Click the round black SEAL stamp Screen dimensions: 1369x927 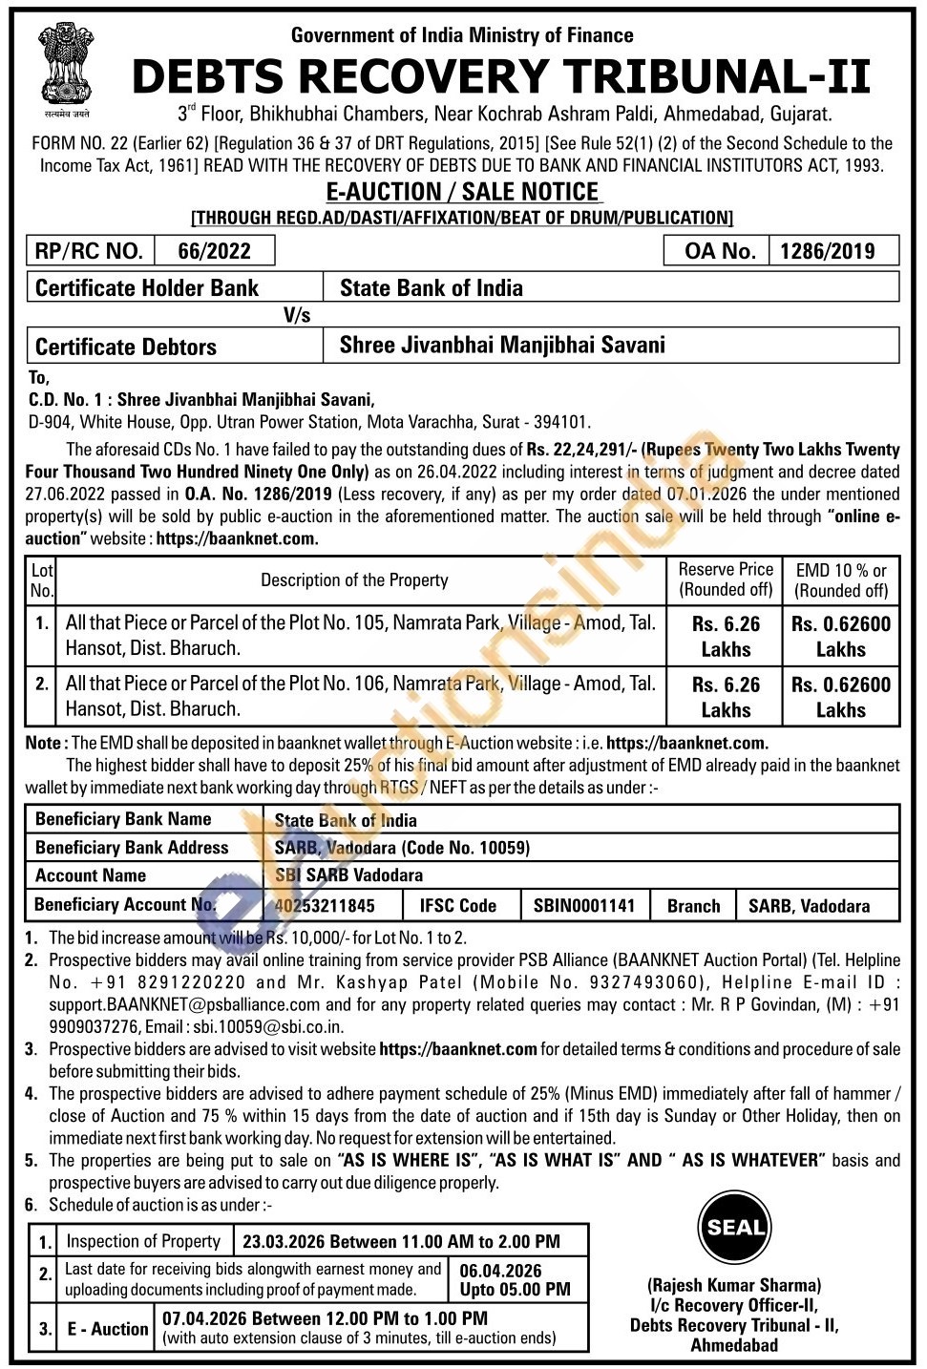click(735, 1228)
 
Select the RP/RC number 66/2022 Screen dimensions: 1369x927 click(215, 251)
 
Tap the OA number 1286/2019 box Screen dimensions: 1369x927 click(827, 251)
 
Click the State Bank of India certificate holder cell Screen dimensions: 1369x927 click(432, 287)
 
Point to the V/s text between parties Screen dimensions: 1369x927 click(297, 315)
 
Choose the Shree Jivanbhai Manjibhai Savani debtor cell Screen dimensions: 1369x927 click(502, 345)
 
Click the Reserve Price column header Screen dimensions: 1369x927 click(726, 579)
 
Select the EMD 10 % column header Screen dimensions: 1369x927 click(841, 579)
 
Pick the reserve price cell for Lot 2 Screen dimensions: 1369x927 click(726, 697)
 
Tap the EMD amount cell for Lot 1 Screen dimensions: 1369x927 click(841, 636)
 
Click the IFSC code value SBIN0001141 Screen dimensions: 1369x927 click(584, 905)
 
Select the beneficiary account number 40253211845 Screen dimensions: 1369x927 click(325, 905)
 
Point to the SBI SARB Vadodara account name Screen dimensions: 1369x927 click(348, 874)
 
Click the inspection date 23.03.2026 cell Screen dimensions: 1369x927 click(401, 1241)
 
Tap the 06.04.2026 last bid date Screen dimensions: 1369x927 click(500, 1271)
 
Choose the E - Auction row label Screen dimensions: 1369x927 click(108, 1328)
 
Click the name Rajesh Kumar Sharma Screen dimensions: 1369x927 click(734, 1285)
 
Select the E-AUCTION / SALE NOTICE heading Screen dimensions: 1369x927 click(463, 192)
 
